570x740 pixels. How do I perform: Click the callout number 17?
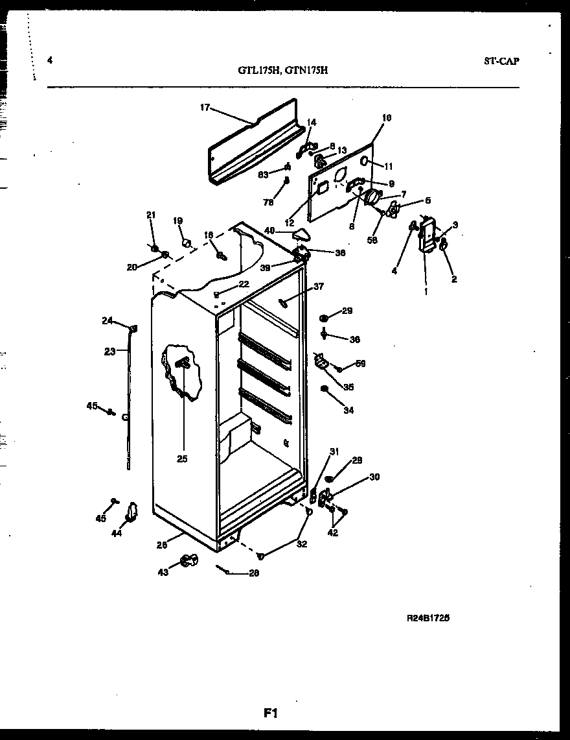click(x=205, y=108)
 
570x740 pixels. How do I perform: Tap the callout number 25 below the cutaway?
click(x=181, y=459)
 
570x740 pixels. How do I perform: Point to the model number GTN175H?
click(x=307, y=72)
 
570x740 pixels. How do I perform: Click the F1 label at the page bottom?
click(x=270, y=713)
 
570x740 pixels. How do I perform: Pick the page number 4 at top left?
click(x=50, y=61)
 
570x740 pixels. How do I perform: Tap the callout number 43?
click(x=163, y=572)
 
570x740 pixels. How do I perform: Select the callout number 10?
click(x=387, y=118)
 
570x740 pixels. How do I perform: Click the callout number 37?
click(x=318, y=286)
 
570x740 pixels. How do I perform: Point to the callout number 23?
click(x=109, y=352)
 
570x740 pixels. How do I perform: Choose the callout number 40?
click(x=269, y=230)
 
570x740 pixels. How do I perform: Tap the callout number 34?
click(x=348, y=410)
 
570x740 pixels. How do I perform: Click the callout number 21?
click(x=151, y=215)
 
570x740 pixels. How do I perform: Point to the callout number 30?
click(x=374, y=477)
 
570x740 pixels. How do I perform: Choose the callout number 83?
click(x=264, y=174)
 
